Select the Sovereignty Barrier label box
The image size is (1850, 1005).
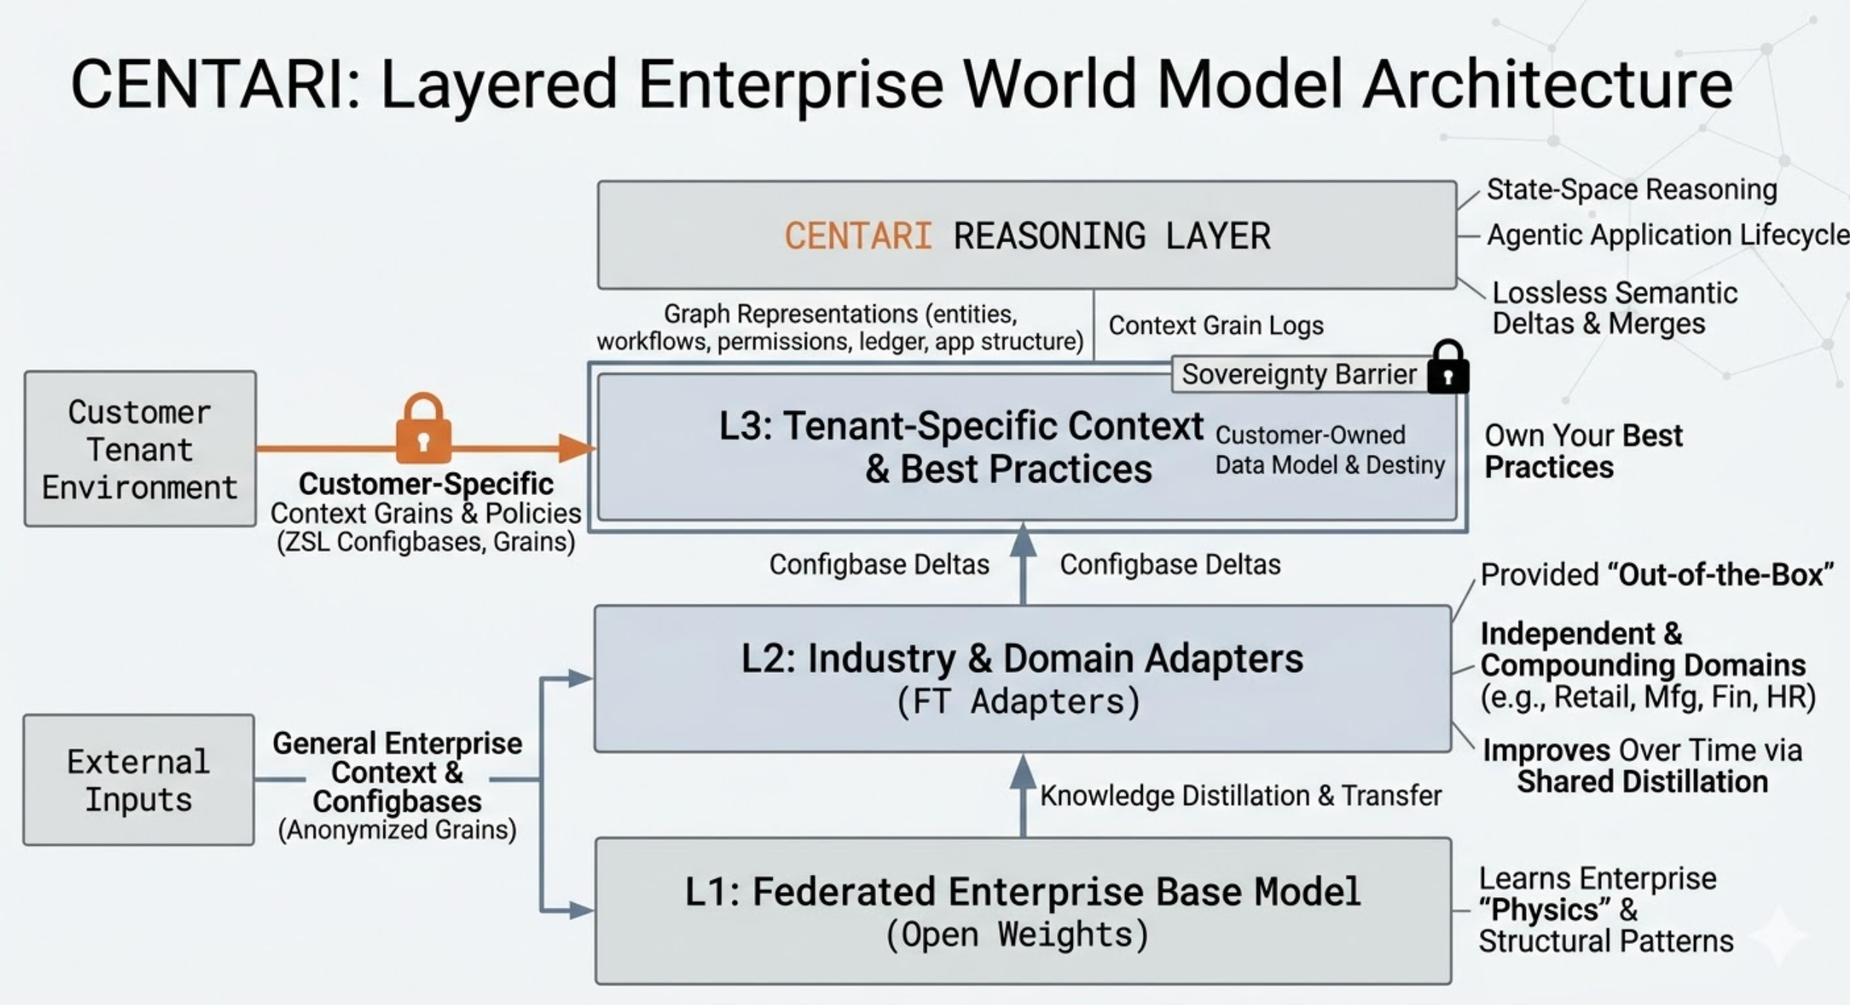[1299, 375]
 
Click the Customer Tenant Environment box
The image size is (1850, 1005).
[140, 449]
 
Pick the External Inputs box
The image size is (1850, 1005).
[138, 780]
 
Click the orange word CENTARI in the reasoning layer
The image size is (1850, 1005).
[858, 236]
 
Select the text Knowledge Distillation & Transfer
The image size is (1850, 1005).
[1240, 795]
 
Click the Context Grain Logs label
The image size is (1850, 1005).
[1216, 326]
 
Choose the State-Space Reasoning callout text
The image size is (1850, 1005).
[1632, 190]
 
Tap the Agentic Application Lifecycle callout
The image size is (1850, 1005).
[1667, 235]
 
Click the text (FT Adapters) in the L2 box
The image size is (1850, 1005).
[1018, 702]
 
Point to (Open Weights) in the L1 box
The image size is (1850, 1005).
[1017, 934]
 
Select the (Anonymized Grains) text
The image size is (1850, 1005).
[397, 830]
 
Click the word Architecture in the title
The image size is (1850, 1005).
[1547, 83]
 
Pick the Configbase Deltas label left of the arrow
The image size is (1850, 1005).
[879, 564]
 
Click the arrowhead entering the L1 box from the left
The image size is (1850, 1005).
[581, 910]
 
